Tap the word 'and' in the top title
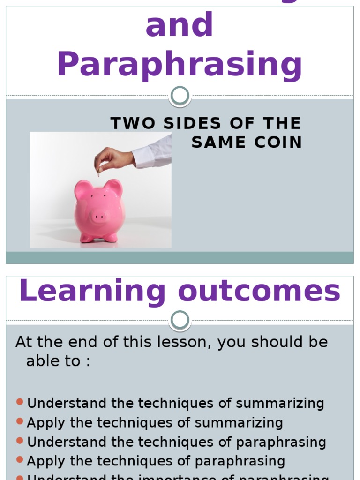(x=180, y=26)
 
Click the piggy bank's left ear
(x=82, y=189)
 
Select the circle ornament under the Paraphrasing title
(x=180, y=96)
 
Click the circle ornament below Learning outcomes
(x=180, y=321)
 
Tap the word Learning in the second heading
(x=92, y=291)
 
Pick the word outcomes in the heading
(x=259, y=291)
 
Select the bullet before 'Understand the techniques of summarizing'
(x=20, y=402)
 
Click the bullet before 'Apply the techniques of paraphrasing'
(x=20, y=460)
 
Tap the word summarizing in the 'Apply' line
(x=239, y=422)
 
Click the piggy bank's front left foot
(x=86, y=238)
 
